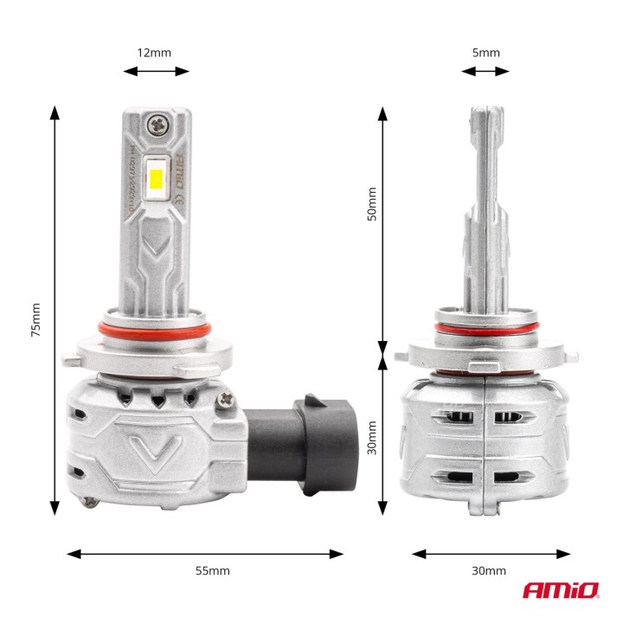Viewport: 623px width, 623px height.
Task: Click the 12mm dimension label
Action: (154, 53)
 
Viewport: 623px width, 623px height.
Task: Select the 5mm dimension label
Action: (485, 53)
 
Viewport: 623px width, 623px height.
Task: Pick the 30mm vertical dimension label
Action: (372, 437)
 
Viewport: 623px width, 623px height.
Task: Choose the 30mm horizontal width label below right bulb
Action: (490, 571)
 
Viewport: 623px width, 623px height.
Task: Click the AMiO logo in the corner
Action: (560, 590)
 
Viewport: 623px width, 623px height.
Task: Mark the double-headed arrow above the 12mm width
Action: (156, 71)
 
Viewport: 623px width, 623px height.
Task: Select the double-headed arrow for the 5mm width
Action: (485, 71)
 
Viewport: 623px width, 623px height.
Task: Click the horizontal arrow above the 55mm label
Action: (205, 553)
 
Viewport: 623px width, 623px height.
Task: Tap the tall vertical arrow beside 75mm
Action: (55, 311)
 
